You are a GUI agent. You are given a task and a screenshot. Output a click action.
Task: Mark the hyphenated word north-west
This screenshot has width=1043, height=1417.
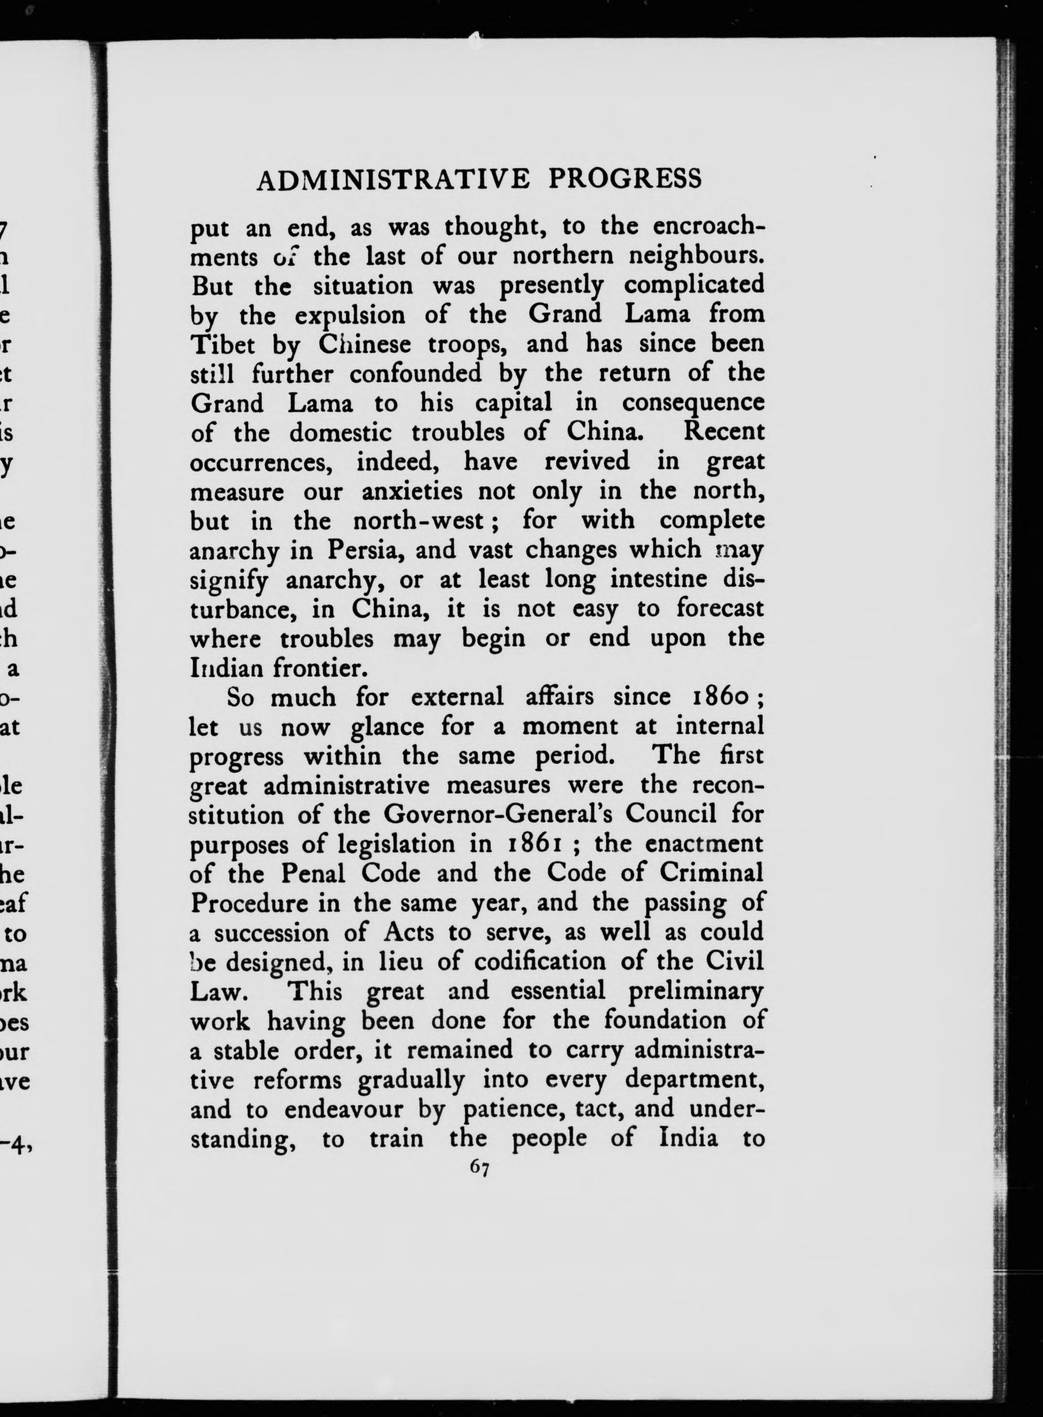418,521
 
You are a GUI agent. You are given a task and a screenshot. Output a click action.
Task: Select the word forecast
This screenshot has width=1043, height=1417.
720,609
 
